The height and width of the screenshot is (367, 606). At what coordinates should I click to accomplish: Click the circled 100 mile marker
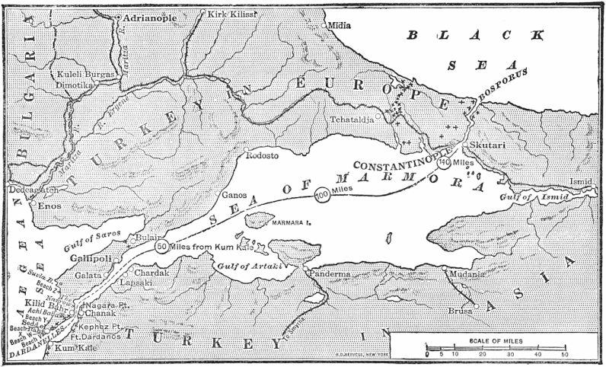coord(322,195)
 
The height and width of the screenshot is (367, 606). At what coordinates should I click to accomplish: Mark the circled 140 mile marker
coord(444,163)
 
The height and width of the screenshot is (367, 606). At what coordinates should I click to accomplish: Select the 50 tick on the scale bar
coord(564,355)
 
